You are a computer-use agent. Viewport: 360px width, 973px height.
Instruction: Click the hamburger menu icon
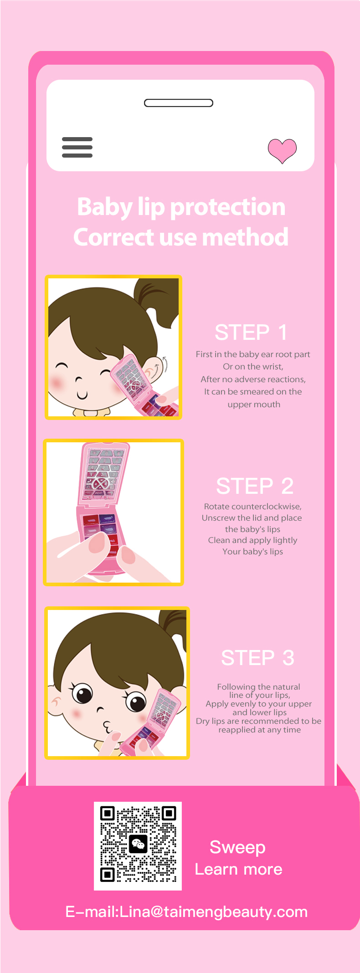(77, 147)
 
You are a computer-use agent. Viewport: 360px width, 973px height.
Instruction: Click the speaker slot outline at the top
(179, 103)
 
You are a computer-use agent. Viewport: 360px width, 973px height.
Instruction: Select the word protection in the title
(227, 207)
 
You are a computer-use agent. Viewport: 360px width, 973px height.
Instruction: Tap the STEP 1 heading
(251, 332)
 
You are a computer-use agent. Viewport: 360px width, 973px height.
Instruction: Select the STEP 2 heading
(255, 486)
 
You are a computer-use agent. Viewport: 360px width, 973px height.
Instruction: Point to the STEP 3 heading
(257, 658)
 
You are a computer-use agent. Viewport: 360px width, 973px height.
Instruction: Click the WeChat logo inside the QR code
(138, 845)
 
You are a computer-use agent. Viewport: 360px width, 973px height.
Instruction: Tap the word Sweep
(237, 847)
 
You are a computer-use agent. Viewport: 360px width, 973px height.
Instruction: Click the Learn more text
(239, 869)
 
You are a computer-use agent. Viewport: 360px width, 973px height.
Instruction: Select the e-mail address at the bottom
(187, 912)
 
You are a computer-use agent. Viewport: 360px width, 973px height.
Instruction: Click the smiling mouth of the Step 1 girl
(82, 395)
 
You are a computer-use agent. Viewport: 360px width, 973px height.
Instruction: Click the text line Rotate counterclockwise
(253, 507)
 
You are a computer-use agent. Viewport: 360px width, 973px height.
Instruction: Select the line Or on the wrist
(253, 367)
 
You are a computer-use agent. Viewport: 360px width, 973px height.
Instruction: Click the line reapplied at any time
(260, 730)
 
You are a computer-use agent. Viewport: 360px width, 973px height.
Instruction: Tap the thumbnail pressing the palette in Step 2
(97, 543)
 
